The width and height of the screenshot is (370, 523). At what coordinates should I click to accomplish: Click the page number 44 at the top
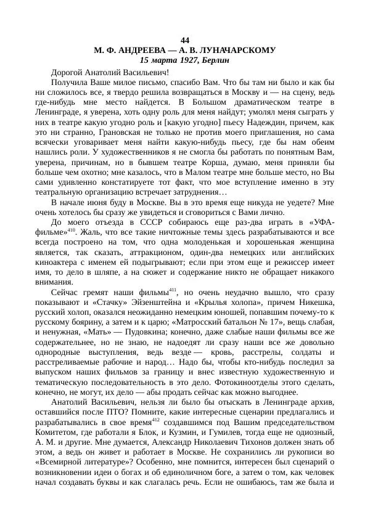(186, 40)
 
